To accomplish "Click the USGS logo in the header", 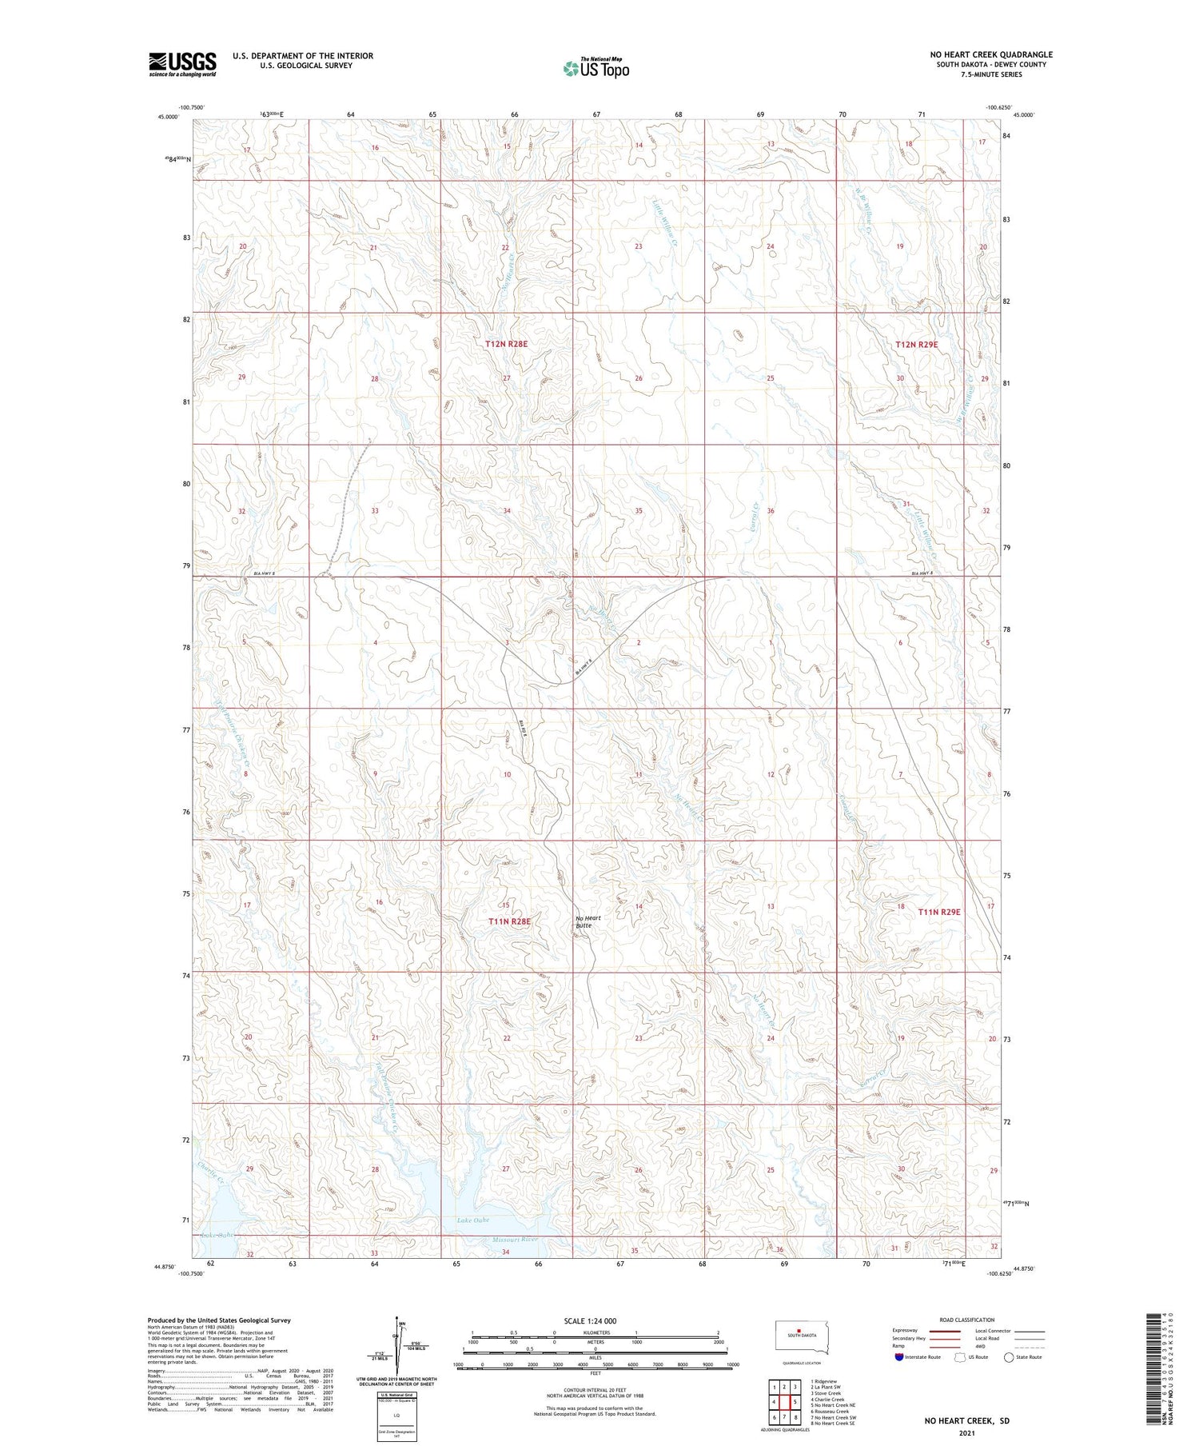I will pyautogui.click(x=182, y=64).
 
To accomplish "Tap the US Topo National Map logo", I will pyautogui.click(x=596, y=68).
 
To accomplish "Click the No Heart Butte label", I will pyautogui.click(x=588, y=921).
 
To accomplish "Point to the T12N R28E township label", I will pyautogui.click(x=506, y=344).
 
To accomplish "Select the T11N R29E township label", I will pyautogui.click(x=938, y=912).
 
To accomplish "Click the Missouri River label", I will pyautogui.click(x=516, y=1240).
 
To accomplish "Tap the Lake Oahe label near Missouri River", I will pyautogui.click(x=473, y=1220).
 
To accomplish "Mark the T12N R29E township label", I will pyautogui.click(x=916, y=344).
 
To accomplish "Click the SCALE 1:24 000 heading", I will pyautogui.click(x=590, y=1320).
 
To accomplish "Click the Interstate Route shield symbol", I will pyautogui.click(x=899, y=1357).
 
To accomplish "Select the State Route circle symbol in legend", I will pyautogui.click(x=1009, y=1357).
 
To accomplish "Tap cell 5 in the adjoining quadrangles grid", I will pyautogui.click(x=795, y=1402).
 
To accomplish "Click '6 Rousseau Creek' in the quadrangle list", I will pyautogui.click(x=830, y=1412).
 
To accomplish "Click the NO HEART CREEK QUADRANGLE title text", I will pyautogui.click(x=990, y=54).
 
